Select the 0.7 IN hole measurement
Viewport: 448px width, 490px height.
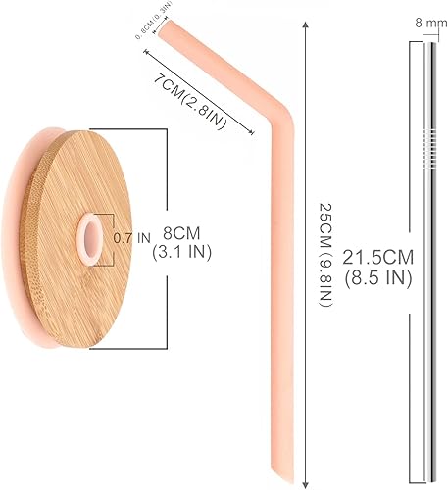coord(131,236)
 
